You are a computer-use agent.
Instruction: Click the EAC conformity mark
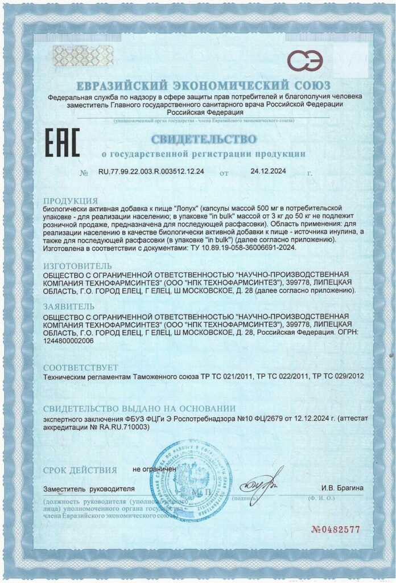(62, 142)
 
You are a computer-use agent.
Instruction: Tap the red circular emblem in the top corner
(304, 59)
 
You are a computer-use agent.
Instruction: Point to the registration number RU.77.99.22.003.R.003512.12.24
(151, 171)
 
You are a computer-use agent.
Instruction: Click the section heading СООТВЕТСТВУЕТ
(81, 367)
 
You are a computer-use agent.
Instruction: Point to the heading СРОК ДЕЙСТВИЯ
(80, 470)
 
